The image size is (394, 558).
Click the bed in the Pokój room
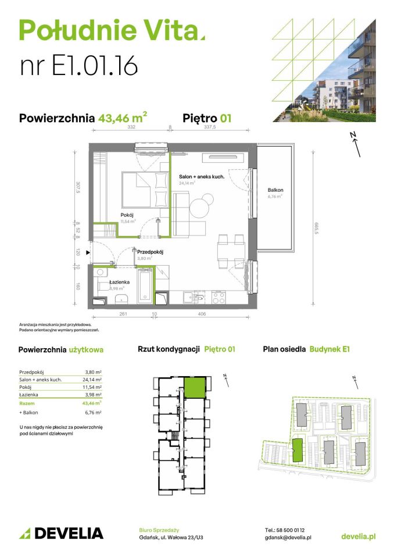coord(145,189)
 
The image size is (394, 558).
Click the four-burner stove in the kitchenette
coord(219,298)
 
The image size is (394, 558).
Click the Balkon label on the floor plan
coord(275,190)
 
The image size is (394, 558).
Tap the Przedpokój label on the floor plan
coord(149,252)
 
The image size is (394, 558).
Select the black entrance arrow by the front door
coord(87,253)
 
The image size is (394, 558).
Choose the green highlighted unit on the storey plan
coord(194,387)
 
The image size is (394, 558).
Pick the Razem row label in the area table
coord(27,403)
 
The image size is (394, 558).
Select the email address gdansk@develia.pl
coord(288,538)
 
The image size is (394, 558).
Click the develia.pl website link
coord(358,536)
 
